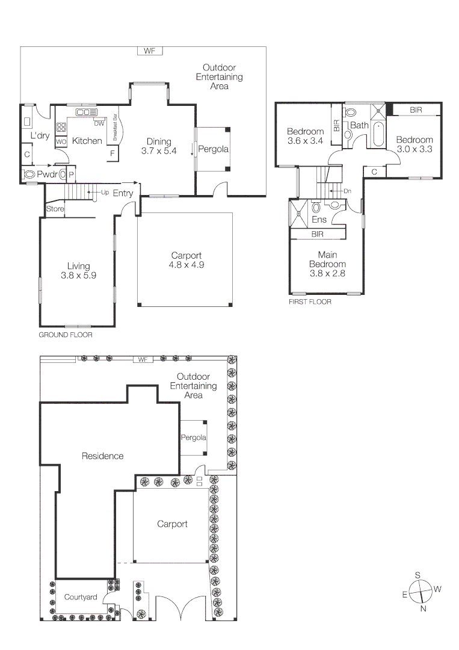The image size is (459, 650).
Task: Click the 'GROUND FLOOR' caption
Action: (x=66, y=335)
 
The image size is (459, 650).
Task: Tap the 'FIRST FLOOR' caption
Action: (x=310, y=302)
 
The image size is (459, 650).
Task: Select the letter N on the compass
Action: (x=424, y=608)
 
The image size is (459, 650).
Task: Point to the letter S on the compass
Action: (x=417, y=575)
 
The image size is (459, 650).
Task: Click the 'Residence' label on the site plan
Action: (x=102, y=456)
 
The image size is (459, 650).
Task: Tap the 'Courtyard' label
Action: (x=81, y=597)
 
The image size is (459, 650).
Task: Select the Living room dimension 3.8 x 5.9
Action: (x=78, y=275)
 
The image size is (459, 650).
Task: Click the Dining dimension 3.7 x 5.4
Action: (x=158, y=151)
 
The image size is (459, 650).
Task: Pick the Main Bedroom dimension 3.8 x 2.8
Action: (x=327, y=273)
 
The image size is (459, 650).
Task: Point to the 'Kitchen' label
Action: (x=87, y=141)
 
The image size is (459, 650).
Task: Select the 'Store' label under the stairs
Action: (x=54, y=209)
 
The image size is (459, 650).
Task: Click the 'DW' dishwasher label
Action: (x=99, y=124)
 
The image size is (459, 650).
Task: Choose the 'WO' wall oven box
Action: (x=61, y=141)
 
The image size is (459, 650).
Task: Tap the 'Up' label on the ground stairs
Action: (x=105, y=193)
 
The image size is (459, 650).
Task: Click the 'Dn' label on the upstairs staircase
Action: (x=347, y=191)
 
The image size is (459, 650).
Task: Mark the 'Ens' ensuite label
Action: (x=319, y=220)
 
